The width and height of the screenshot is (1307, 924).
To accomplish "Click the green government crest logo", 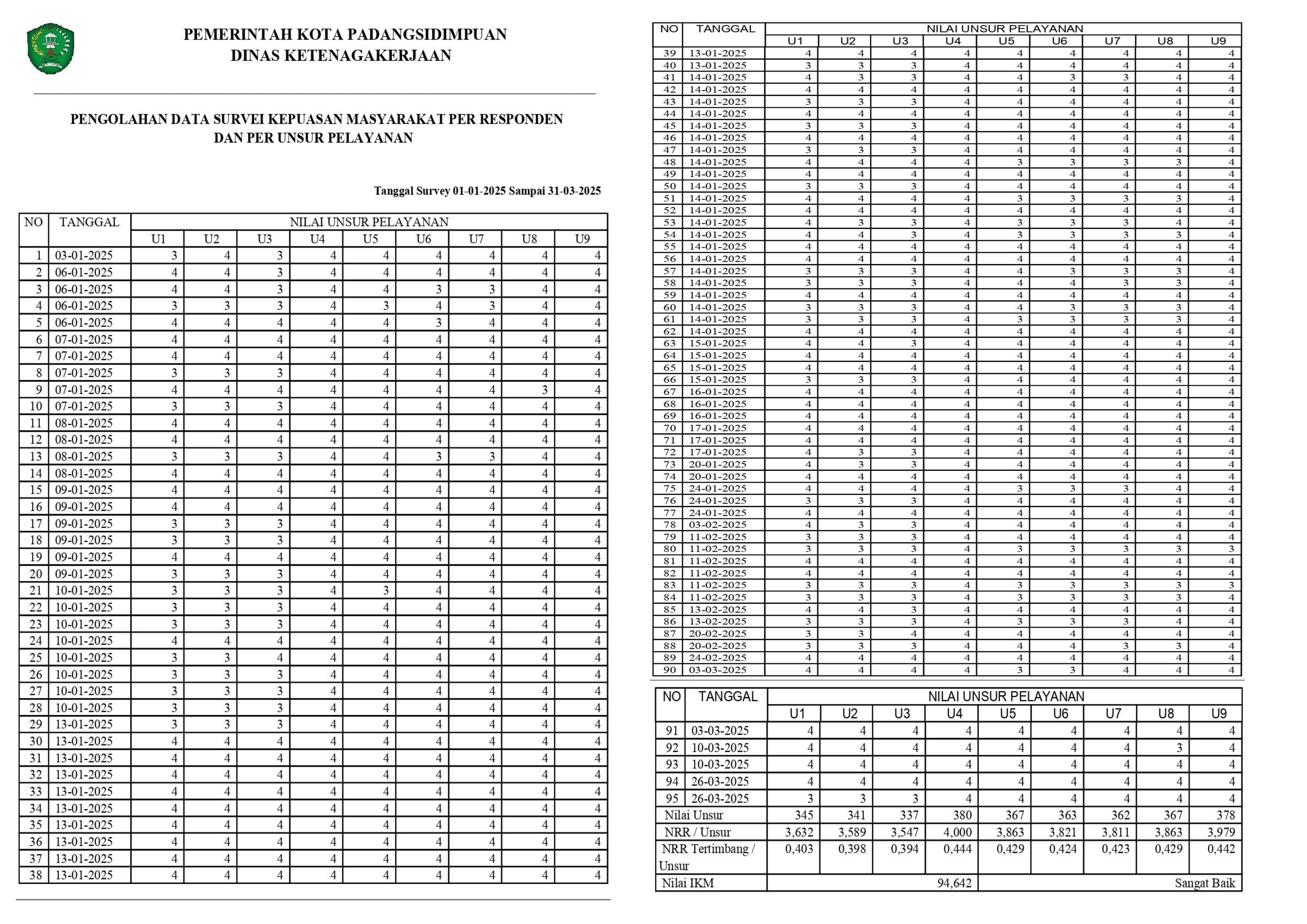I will tap(51, 48).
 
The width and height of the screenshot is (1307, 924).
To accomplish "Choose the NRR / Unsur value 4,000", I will tap(958, 832).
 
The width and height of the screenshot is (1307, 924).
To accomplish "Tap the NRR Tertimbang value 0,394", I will tap(905, 849).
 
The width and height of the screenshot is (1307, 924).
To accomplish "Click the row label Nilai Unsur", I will tap(693, 815).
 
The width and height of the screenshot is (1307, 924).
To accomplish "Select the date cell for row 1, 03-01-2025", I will tap(84, 255).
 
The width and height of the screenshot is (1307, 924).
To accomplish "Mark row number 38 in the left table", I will tap(35, 875).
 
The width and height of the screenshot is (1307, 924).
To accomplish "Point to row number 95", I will tap(672, 798).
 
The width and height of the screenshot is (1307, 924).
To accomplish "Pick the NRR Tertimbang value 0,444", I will tap(958, 849).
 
